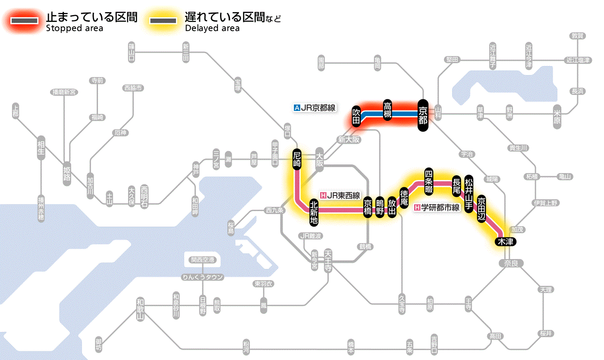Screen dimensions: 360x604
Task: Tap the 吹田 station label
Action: [x=356, y=116]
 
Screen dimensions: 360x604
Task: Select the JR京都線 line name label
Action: [x=315, y=108]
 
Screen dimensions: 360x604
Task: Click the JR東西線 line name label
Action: [x=340, y=196]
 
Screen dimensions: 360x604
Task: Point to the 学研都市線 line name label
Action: [x=437, y=208]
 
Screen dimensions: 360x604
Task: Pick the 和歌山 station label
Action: [x=140, y=309]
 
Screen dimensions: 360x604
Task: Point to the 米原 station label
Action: [x=558, y=115]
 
